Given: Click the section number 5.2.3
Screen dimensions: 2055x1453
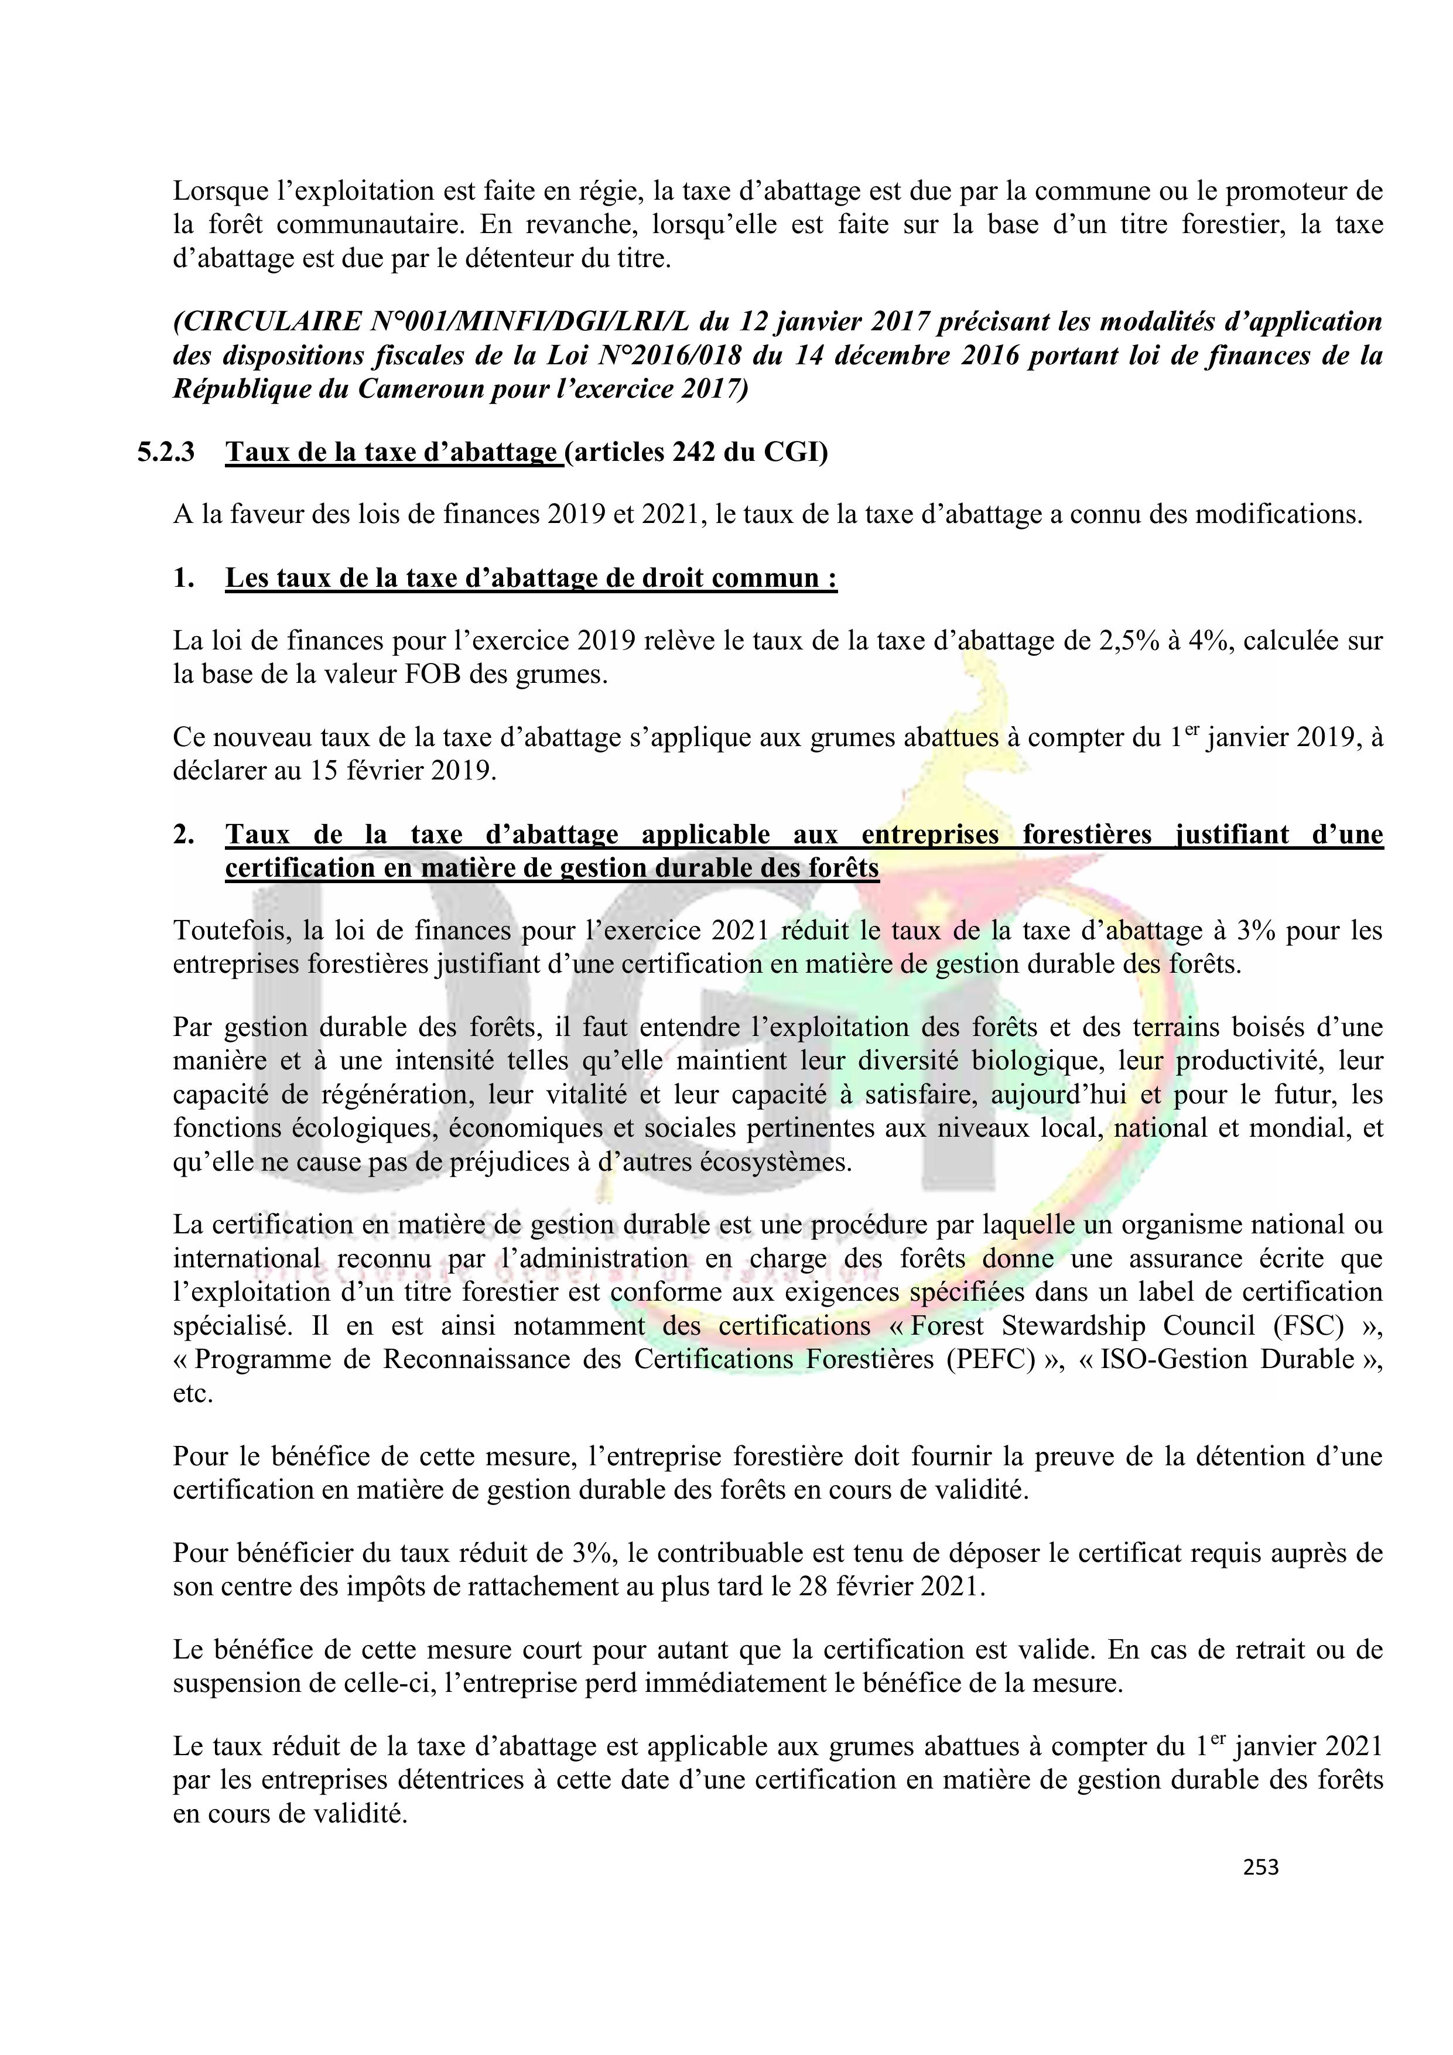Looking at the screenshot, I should pyautogui.click(x=166, y=453).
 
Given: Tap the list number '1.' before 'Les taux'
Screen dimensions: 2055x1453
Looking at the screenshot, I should pyautogui.click(x=183, y=578).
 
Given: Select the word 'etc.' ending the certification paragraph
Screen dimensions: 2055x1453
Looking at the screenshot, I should pyautogui.click(x=193, y=1394).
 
